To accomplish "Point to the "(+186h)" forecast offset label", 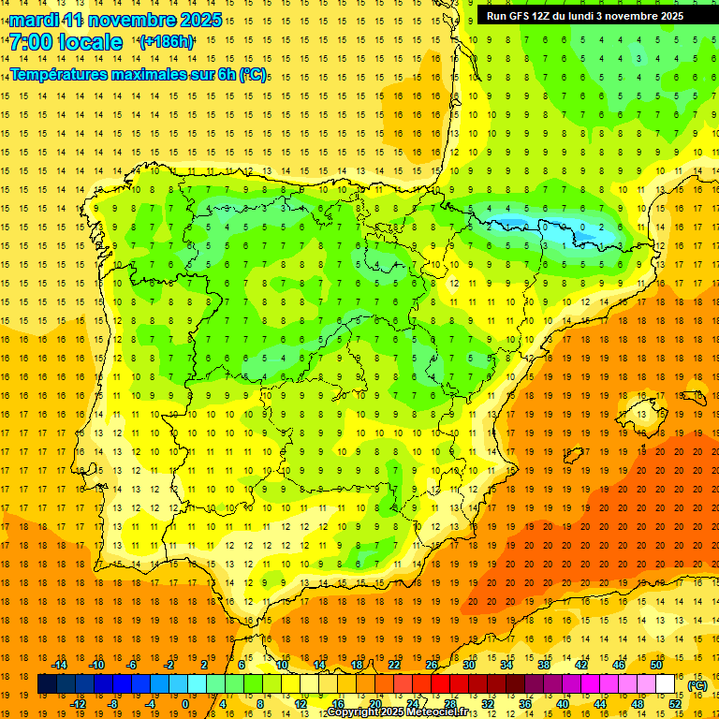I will [166, 42].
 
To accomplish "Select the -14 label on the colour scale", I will [60, 665].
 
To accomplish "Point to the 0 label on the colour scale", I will [184, 704].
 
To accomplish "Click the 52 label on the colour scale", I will [675, 704].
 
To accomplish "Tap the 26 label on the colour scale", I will [432, 665].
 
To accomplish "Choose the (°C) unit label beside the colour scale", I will [697, 685].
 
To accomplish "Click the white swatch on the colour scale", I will [666, 684].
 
